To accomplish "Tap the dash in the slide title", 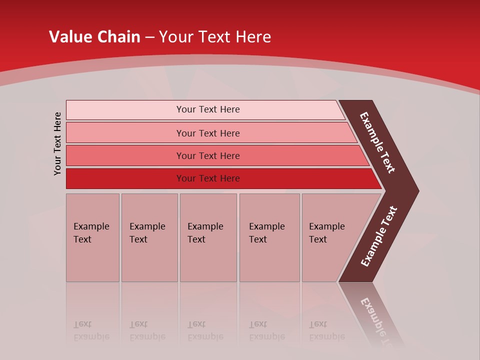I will [x=149, y=37].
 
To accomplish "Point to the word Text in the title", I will [x=214, y=37].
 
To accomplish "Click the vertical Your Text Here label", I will [x=57, y=143].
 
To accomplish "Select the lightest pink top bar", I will [x=205, y=109].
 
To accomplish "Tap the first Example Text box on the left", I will [x=92, y=237].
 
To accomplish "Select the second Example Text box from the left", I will [x=149, y=237].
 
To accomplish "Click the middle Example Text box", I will [x=208, y=237].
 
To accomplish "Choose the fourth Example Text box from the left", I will [x=269, y=237].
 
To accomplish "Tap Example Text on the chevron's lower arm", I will [x=379, y=236].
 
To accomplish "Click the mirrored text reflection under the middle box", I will [x=205, y=330].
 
